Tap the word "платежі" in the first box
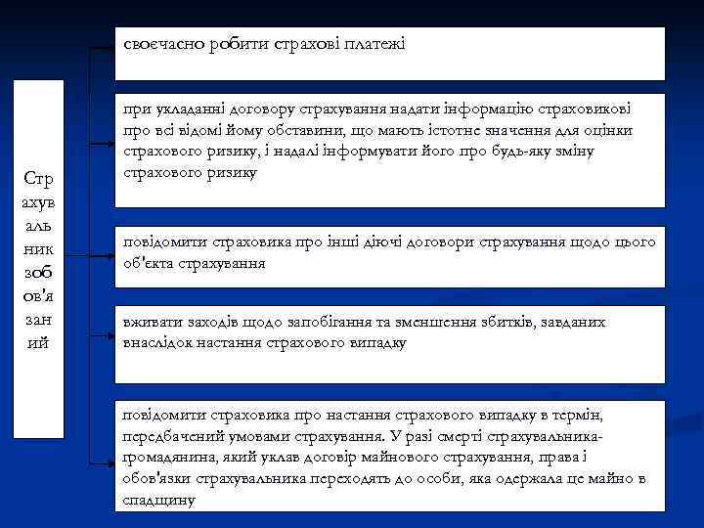pyautogui.click(x=375, y=44)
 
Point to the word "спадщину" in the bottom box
pyautogui.click(x=159, y=500)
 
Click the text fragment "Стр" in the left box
pyautogui.click(x=39, y=181)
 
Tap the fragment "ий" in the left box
pyautogui.click(x=39, y=343)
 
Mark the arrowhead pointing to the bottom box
pyautogui.click(x=110, y=461)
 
